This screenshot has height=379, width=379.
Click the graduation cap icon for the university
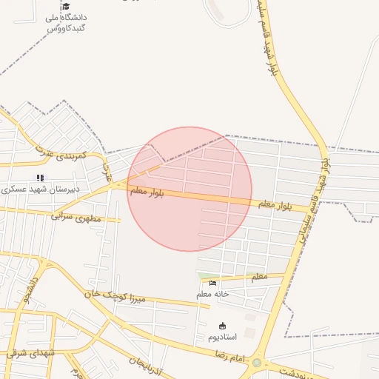click(x=66, y=6)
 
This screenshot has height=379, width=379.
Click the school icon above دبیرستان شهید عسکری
click(x=40, y=178)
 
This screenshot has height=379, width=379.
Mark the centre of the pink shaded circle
click(x=189, y=189)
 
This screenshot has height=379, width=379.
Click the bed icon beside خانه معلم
click(x=213, y=283)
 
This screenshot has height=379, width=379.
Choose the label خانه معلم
click(x=213, y=294)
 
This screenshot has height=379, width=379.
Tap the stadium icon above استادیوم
click(x=222, y=326)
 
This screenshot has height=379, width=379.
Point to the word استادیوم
click(x=222, y=337)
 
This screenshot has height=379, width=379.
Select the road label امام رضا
click(x=229, y=358)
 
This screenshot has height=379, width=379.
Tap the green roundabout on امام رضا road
click(x=257, y=363)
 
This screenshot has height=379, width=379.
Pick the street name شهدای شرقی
click(x=31, y=353)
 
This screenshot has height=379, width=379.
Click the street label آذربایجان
click(x=145, y=364)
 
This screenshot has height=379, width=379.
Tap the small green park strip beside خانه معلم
click(x=204, y=276)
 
